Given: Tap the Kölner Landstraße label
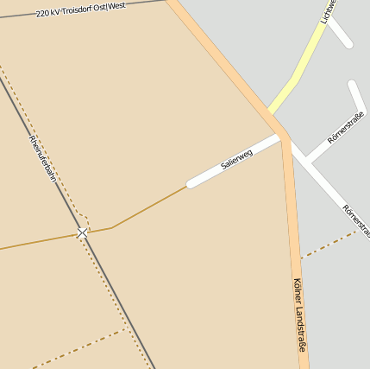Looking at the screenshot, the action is (x=299, y=313).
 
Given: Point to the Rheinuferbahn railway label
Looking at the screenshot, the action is (x=41, y=158).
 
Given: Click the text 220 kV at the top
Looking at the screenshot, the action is (x=47, y=13).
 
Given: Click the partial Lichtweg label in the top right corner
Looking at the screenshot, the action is (x=326, y=10).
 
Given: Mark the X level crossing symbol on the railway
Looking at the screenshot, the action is (x=82, y=232).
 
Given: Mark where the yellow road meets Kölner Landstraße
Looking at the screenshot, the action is (x=271, y=113).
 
